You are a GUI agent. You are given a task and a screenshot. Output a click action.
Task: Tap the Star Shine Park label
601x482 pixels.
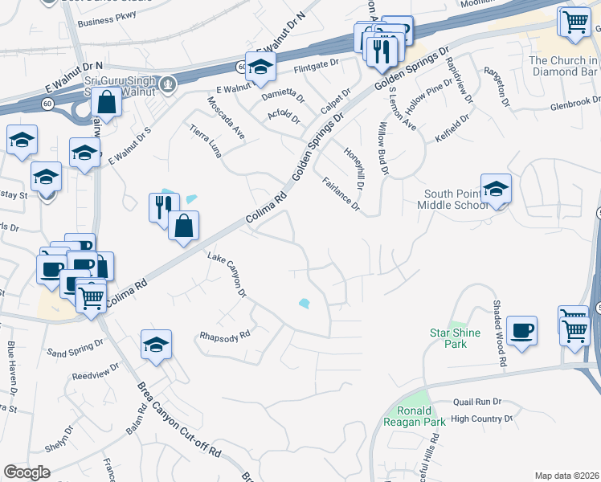pos(455,338)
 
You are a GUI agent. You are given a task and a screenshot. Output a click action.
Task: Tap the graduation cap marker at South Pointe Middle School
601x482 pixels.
pos(496,190)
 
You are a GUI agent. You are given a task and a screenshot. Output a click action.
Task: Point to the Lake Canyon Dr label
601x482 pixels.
pos(227,276)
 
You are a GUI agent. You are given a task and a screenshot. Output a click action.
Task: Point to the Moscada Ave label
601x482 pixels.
pos(226,118)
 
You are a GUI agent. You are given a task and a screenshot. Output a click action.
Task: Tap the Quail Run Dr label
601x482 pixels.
pos(476,402)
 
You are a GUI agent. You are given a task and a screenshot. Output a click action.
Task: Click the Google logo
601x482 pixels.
pos(27,472)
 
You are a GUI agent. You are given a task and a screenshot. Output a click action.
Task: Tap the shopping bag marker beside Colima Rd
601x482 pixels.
pos(184,226)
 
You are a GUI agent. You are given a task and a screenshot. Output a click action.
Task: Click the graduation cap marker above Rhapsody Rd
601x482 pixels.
pos(156,345)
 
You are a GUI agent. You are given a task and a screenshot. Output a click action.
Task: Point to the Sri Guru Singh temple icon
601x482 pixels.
pos(168,82)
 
